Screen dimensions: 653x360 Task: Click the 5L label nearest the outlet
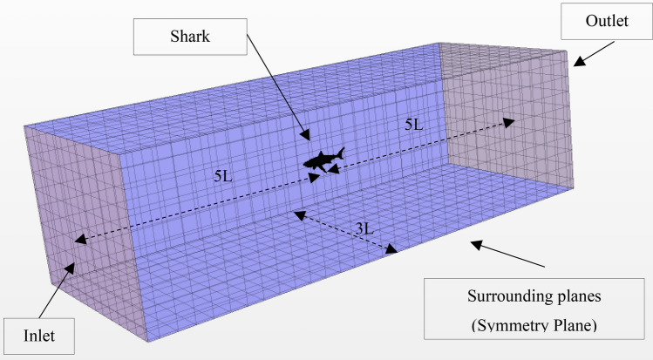pyautogui.click(x=414, y=125)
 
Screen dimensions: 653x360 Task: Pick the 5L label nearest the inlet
pyautogui.click(x=222, y=174)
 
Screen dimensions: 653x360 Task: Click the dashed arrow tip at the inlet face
pyautogui.click(x=76, y=241)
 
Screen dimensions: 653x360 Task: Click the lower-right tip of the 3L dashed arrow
pyautogui.click(x=398, y=251)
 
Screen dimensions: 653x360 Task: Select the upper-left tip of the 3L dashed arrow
pyautogui.click(x=296, y=213)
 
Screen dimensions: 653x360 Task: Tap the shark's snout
pyautogui.click(x=304, y=163)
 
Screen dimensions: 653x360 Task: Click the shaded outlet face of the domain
pyautogui.click(x=510, y=113)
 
